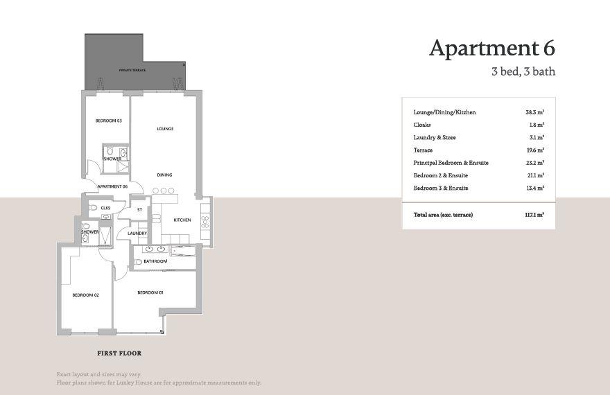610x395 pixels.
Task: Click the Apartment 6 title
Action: tap(491, 48)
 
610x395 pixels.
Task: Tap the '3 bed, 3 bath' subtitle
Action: tap(523, 71)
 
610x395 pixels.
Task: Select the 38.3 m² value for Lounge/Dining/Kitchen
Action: tap(534, 112)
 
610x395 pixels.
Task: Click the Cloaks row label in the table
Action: tap(422, 125)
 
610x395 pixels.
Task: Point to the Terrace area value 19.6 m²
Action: tap(534, 150)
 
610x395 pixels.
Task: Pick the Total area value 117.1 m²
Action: tap(534, 215)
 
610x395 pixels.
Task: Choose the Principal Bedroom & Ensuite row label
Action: tap(451, 163)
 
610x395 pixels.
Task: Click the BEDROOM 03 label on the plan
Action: tap(108, 121)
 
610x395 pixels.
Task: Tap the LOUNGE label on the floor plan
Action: tap(165, 129)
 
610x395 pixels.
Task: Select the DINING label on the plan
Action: tap(164, 175)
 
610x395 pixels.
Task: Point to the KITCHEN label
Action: tap(182, 220)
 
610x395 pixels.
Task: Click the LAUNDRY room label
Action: tap(137, 234)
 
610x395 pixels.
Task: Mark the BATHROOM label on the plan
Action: tap(155, 261)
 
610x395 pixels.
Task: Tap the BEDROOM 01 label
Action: tap(150, 292)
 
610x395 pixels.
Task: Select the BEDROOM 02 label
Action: tap(86, 295)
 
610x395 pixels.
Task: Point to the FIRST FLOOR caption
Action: tap(120, 353)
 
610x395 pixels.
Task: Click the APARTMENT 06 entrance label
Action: tap(112, 187)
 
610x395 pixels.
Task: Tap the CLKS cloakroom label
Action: tap(105, 208)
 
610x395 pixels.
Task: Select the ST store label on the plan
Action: tap(139, 209)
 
